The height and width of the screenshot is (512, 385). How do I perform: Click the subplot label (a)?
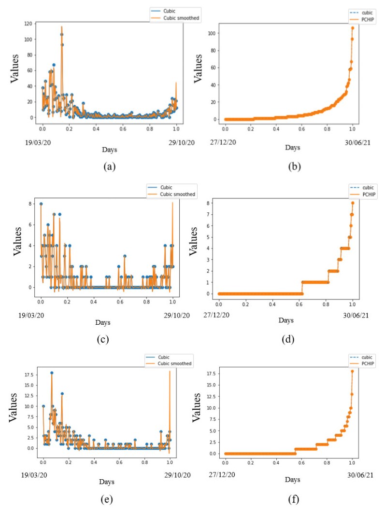click(108, 167)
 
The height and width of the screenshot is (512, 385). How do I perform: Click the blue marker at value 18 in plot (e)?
click(52, 373)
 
